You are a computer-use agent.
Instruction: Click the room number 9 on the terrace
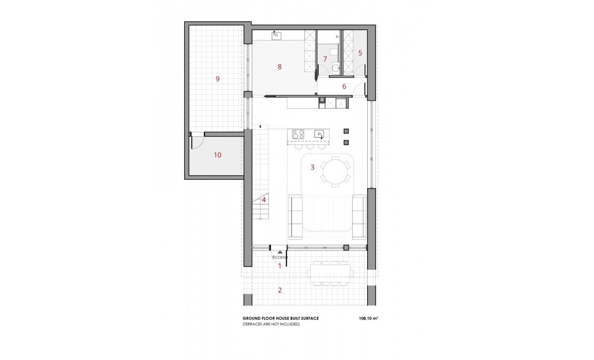[x=217, y=79]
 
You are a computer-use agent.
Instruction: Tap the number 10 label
[x=217, y=155]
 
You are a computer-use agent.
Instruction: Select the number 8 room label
[x=279, y=67]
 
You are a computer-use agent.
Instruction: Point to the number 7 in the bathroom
[x=325, y=59]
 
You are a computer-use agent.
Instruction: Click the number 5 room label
[x=360, y=53]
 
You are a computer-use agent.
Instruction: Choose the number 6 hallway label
[x=344, y=86]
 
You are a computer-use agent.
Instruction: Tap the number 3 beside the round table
[x=312, y=167]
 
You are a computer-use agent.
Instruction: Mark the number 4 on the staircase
[x=264, y=200]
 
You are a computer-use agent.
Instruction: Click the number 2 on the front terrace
[x=279, y=290]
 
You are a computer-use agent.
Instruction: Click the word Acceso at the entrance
[x=280, y=257]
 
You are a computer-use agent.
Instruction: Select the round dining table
[x=335, y=171]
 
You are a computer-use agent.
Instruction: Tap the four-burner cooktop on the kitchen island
[x=298, y=134]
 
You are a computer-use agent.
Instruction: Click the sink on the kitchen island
[x=319, y=133]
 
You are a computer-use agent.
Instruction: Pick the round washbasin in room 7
[x=336, y=68]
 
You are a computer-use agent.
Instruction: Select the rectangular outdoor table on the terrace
[x=329, y=272]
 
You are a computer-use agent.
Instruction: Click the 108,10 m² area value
[x=368, y=318]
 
